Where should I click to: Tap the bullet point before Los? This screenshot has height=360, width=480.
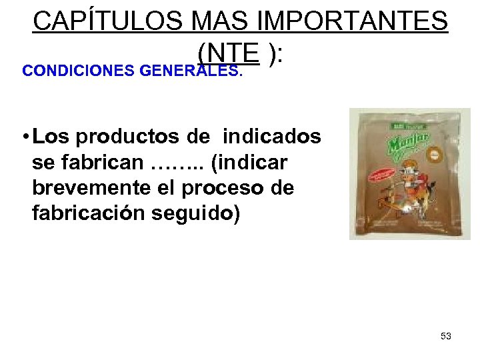(x=24, y=137)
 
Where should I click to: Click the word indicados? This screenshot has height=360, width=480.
(x=271, y=137)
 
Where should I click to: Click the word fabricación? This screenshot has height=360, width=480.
(x=91, y=213)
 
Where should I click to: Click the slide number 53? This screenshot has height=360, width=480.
(x=446, y=336)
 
